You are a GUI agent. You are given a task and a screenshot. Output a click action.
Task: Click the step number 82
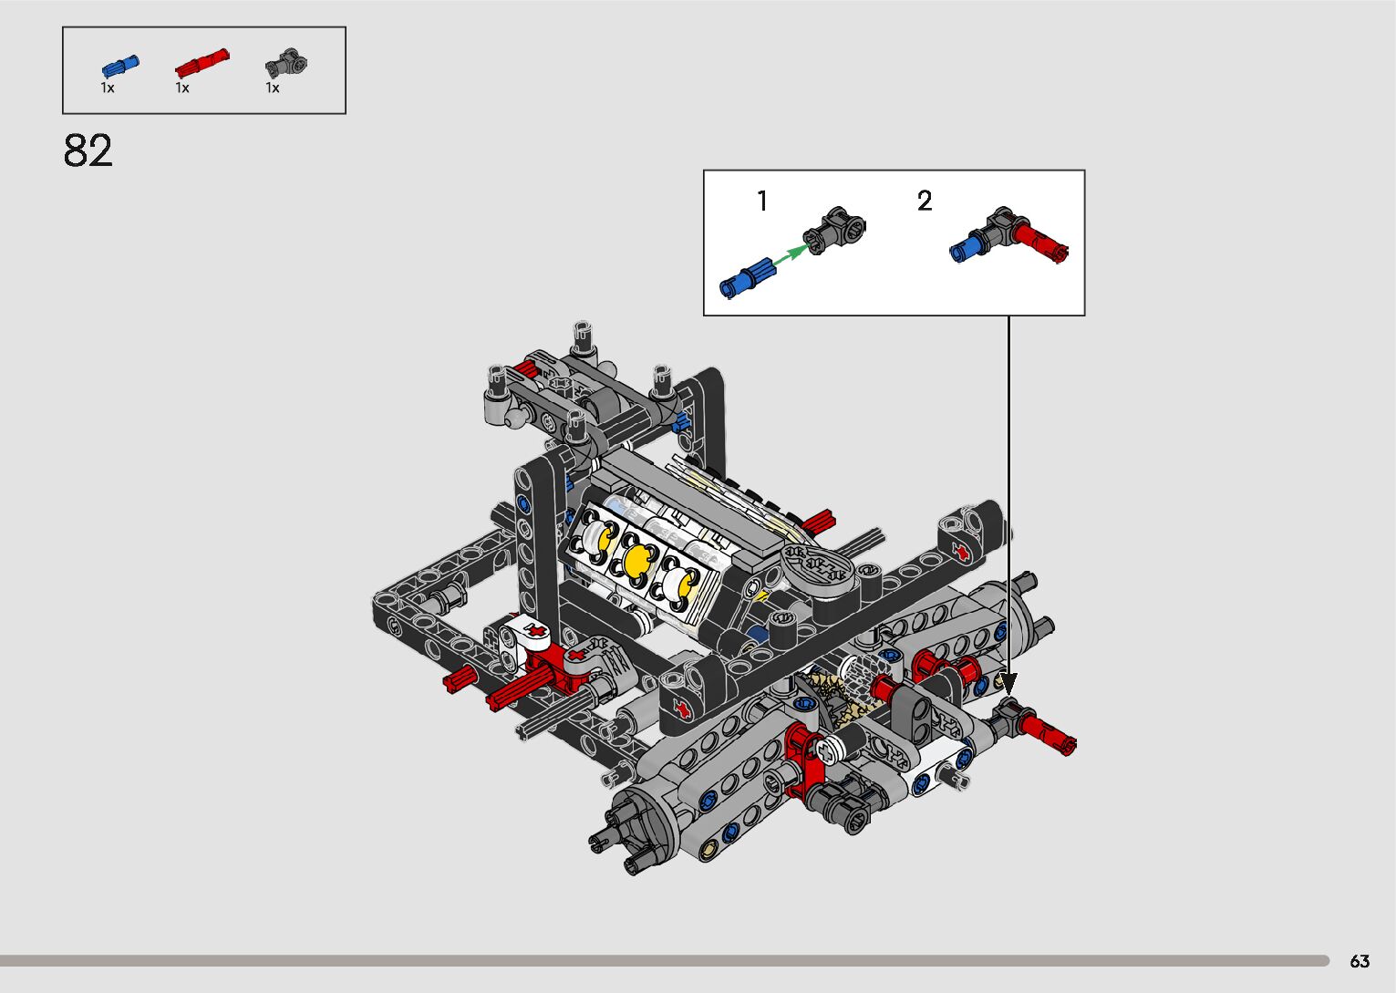tap(88, 150)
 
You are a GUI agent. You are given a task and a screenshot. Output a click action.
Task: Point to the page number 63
tap(1360, 960)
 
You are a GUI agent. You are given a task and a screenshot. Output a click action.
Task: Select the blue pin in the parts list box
tap(120, 66)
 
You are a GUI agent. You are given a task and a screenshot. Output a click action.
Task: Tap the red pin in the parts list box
tap(202, 63)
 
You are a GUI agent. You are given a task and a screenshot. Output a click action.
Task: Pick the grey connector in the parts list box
tap(286, 64)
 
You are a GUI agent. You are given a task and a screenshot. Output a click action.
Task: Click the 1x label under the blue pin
tap(108, 88)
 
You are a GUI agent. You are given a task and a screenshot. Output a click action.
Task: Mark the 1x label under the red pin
tap(182, 88)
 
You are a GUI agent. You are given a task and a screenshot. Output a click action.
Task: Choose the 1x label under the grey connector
tap(273, 88)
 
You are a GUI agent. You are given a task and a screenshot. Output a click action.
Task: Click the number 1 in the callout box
tap(762, 201)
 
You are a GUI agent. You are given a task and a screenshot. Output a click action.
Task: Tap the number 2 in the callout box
tap(925, 201)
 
